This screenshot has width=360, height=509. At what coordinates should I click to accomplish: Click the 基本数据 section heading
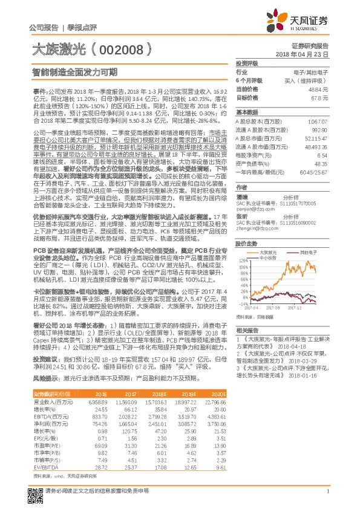pyautogui.click(x=247, y=112)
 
